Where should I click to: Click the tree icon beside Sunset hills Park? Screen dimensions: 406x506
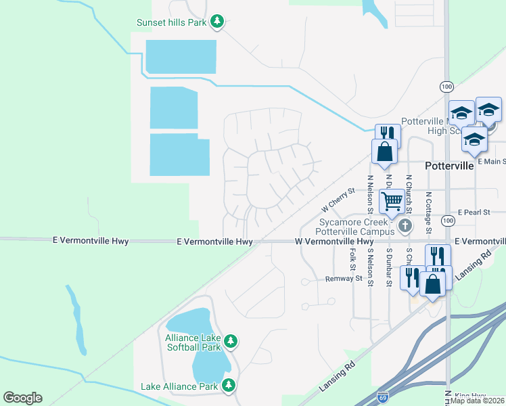tap(217, 22)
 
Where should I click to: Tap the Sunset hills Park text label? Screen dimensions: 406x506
tap(172, 22)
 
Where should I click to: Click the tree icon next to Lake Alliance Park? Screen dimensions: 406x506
tap(229, 386)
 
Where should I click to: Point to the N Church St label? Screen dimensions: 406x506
tap(409, 196)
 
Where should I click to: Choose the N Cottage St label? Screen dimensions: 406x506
tap(428, 211)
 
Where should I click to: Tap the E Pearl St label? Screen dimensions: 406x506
tap(474, 212)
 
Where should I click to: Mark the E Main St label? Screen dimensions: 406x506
tap(491, 161)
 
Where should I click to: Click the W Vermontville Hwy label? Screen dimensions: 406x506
tap(334, 242)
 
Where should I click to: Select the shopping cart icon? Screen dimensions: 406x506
tap(392, 201)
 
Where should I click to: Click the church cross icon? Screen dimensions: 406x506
tap(405, 226)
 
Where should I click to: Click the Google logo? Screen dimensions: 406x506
tap(22, 398)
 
